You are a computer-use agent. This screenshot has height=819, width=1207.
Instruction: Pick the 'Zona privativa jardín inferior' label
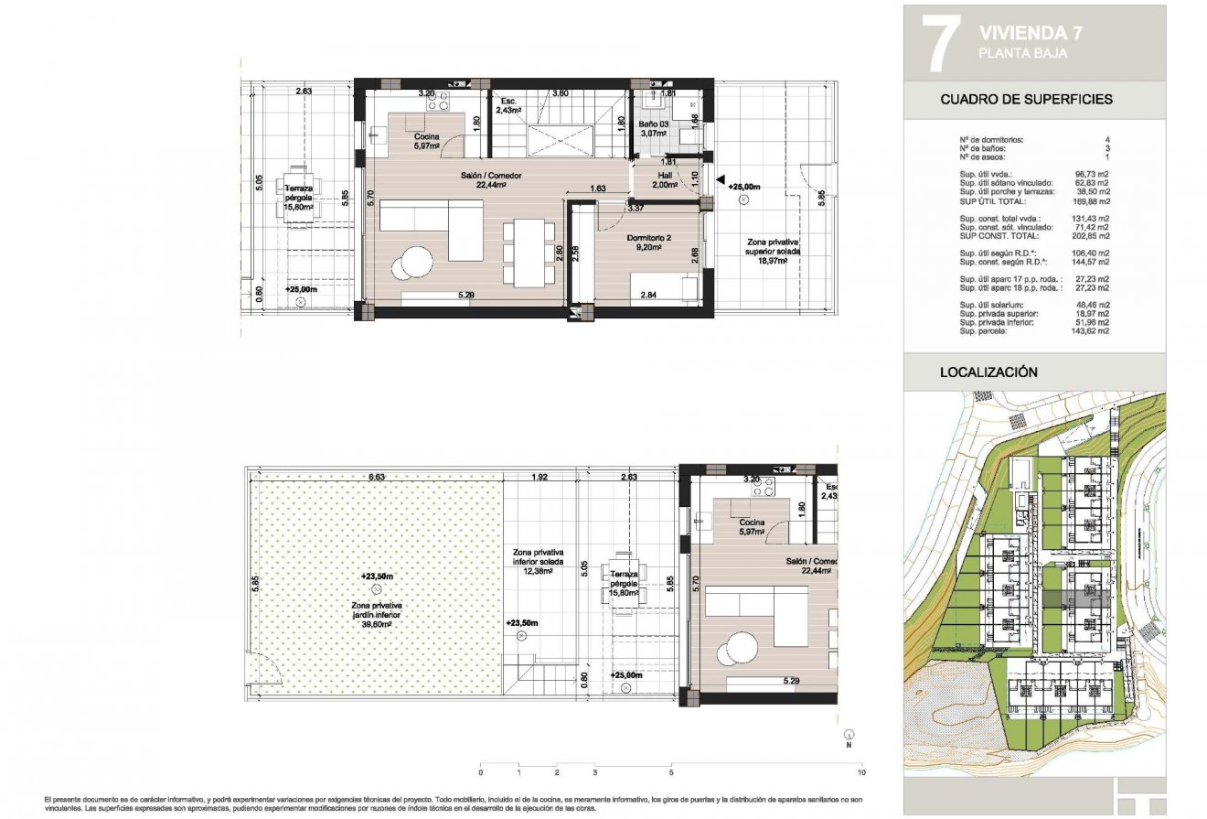tap(378, 610)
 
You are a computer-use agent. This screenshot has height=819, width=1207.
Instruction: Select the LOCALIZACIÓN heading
tap(988, 372)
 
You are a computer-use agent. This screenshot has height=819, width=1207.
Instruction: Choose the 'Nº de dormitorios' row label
tap(991, 140)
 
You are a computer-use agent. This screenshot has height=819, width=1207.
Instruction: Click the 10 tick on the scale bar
tap(862, 771)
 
